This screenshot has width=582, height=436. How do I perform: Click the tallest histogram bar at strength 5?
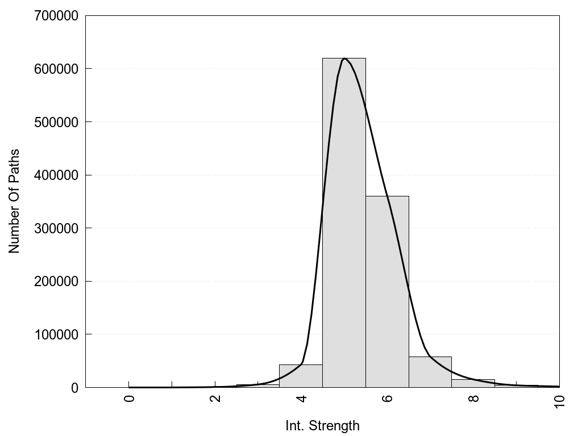coord(344,227)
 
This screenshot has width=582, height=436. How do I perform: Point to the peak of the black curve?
coord(344,58)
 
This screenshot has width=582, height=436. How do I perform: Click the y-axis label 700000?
coord(55,16)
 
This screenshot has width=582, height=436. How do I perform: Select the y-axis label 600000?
coord(55,69)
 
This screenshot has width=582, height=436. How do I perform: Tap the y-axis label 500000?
coord(55,122)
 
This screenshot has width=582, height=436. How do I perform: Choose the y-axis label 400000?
coord(55,175)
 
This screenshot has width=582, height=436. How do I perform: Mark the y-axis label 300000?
coord(55,228)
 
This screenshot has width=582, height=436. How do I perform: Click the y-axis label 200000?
coord(55,281)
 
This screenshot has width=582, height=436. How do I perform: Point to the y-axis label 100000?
coord(55,334)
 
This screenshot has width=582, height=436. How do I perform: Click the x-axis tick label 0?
coord(130,399)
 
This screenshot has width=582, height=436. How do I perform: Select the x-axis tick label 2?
coord(216,399)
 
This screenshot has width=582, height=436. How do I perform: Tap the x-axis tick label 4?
coord(302,399)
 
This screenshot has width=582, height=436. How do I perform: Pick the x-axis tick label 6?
coord(388,399)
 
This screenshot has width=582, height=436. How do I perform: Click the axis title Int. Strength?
coord(322,426)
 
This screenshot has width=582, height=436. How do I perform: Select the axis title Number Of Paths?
coord(14,201)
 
